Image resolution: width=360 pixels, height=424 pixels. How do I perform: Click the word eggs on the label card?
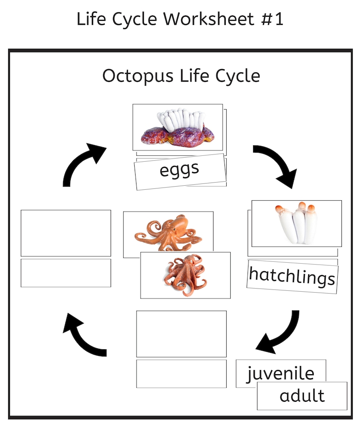tap(180, 170)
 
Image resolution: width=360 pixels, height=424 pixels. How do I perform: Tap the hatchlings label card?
tap(292, 276)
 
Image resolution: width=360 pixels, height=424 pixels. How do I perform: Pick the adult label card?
tap(302, 395)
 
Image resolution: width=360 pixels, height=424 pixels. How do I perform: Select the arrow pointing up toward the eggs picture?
tap(82, 163)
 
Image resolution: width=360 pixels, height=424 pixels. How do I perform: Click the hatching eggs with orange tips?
tap(297, 223)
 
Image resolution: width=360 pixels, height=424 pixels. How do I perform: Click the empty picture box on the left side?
tap(66, 233)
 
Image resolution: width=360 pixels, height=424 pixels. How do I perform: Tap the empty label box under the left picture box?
tap(66, 273)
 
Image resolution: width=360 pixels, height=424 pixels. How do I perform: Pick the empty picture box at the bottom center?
tap(181, 333)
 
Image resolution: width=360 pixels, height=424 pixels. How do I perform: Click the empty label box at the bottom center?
tap(181, 373)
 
